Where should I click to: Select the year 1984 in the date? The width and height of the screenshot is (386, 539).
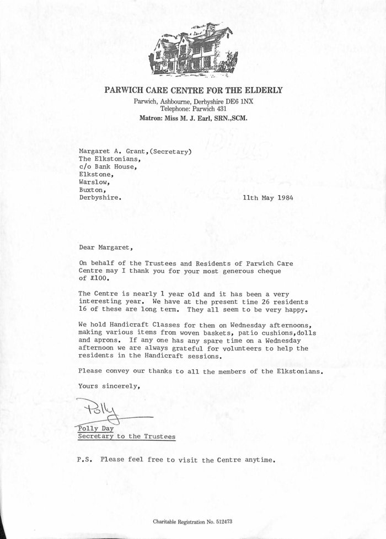pyautogui.click(x=282, y=197)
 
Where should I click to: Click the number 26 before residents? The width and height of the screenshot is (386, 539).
pyautogui.click(x=242, y=303)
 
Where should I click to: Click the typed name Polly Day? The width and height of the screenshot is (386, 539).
pyautogui.click(x=96, y=428)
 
